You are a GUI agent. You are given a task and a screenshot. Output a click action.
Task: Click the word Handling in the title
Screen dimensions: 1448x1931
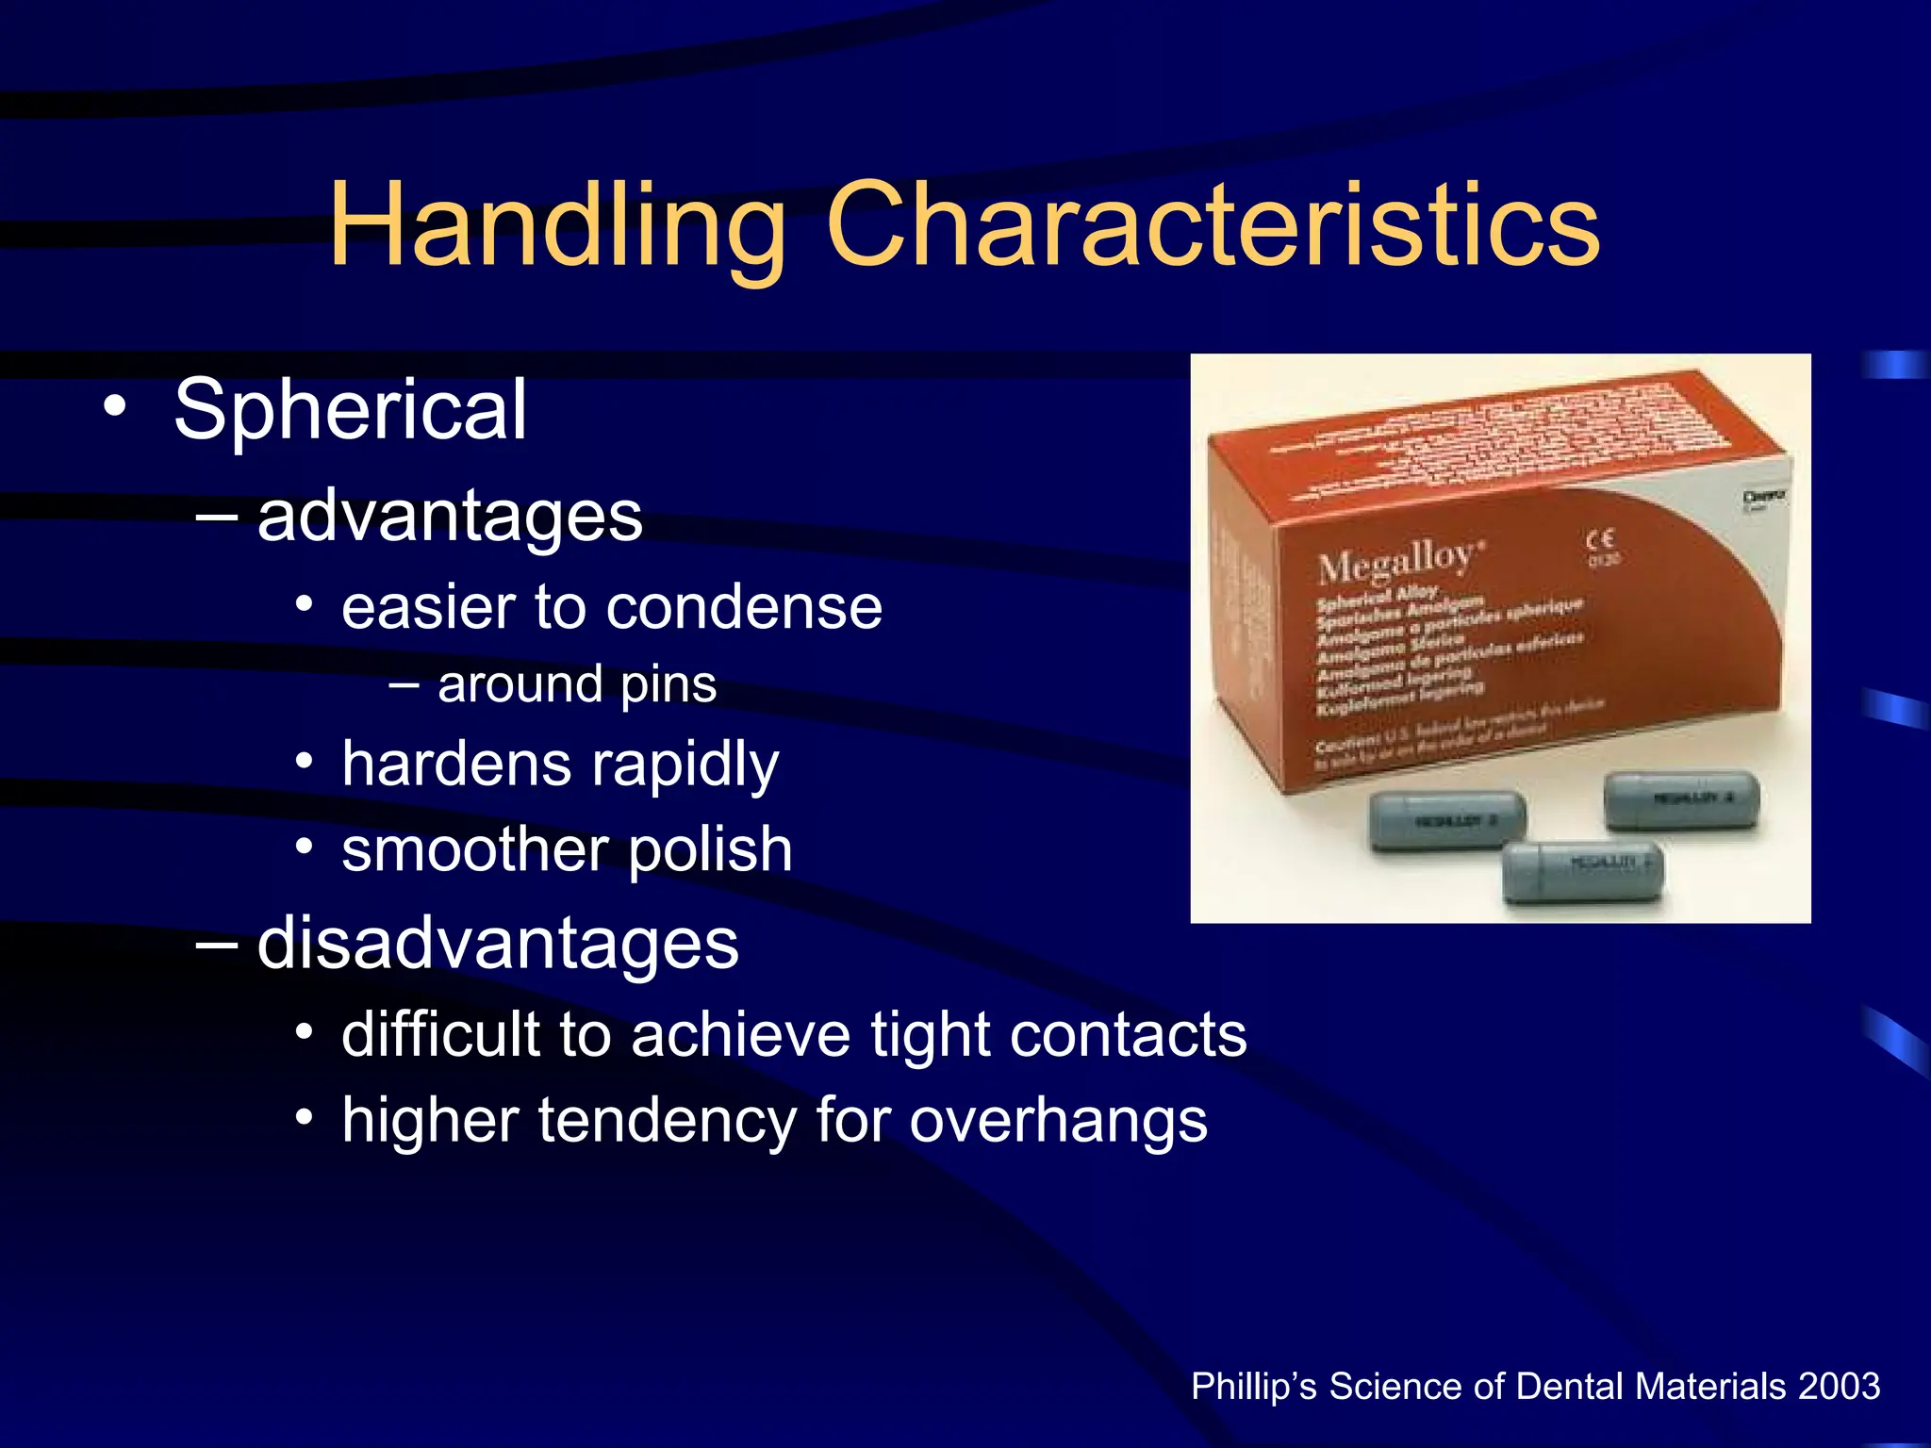tap(556, 226)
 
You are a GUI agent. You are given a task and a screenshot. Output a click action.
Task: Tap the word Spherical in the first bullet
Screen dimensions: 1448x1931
tap(350, 409)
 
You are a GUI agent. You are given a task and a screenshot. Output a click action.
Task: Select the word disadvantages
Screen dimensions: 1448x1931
tap(498, 943)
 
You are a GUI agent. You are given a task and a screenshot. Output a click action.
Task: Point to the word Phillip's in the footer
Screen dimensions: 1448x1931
tap(1254, 1387)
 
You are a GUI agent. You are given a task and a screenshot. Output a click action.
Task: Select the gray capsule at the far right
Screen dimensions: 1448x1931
tap(1682, 799)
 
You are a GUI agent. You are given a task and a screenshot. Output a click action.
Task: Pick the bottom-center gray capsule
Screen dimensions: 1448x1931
tap(1582, 871)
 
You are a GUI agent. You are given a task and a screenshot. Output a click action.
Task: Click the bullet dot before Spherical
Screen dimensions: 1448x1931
tap(115, 407)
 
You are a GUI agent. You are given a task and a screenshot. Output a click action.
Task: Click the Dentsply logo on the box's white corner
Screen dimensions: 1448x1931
tap(1762, 498)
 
